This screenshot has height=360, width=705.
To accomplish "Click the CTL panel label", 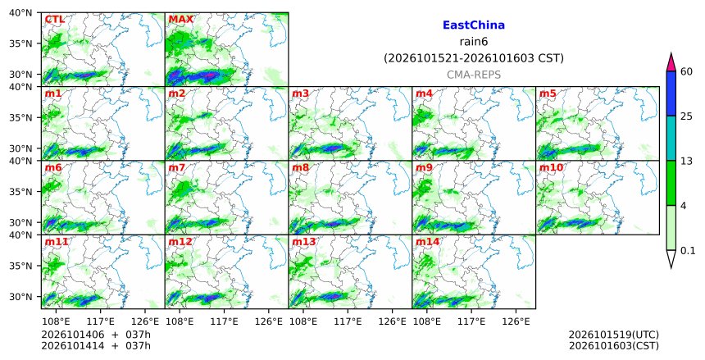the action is [54, 20].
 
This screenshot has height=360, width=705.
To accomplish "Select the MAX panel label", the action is [180, 20].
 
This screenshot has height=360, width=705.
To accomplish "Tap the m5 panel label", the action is [547, 93].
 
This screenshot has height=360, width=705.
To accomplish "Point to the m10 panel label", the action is [550, 167].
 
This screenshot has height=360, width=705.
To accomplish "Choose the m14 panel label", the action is [427, 242].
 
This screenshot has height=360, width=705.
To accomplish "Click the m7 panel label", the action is [177, 167].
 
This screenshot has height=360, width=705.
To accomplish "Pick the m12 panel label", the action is [180, 242].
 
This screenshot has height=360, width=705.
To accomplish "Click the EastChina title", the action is [474, 25].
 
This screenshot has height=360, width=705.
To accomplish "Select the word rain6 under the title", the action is [474, 42].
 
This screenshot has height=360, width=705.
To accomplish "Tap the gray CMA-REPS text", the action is [474, 75].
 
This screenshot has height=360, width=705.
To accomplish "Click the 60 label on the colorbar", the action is [686, 71].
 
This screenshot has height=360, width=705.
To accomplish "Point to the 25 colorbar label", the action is [686, 116].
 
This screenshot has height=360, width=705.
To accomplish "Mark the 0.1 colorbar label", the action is [688, 251].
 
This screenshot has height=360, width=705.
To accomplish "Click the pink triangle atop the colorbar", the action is [671, 62].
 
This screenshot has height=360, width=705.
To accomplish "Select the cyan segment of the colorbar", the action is [671, 138].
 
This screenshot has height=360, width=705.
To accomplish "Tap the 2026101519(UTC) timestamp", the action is [614, 335].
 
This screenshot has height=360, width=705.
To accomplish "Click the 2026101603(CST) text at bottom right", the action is [614, 346].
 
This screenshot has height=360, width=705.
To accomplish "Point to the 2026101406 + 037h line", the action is [96, 335].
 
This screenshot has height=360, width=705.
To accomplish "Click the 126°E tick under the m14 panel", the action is [516, 321].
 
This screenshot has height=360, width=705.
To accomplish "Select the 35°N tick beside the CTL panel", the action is [20, 43].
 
